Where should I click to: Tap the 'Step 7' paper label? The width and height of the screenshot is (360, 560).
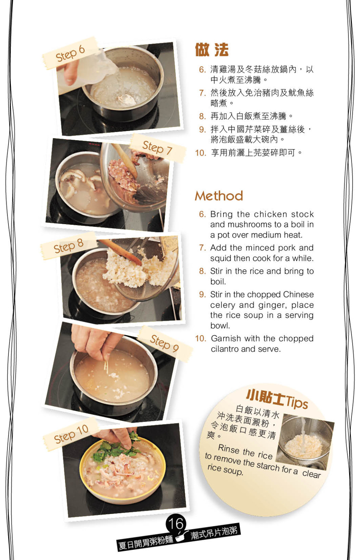[x=157, y=148]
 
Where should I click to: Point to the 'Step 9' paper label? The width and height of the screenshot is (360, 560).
[x=165, y=343]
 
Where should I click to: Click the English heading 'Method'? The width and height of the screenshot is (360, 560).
[x=219, y=196]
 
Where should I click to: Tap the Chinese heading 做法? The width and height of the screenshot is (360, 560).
[x=212, y=50]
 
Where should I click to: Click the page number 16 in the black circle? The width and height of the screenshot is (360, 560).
[x=176, y=523]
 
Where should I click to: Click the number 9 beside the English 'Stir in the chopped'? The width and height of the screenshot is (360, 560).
[x=202, y=294]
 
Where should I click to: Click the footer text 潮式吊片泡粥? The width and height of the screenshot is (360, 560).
[x=214, y=533]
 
